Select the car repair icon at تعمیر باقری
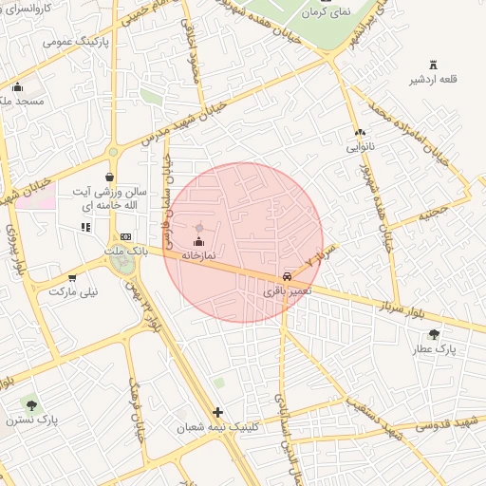click(x=286, y=276)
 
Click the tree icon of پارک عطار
click(x=434, y=333)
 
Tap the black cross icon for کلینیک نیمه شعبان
click(x=219, y=412)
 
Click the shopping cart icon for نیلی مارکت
click(x=72, y=278)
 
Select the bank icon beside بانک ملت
click(x=125, y=236)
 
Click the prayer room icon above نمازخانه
click(x=198, y=243)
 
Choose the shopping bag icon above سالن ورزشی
click(x=110, y=177)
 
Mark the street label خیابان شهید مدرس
click(x=186, y=120)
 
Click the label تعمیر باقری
click(x=285, y=291)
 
